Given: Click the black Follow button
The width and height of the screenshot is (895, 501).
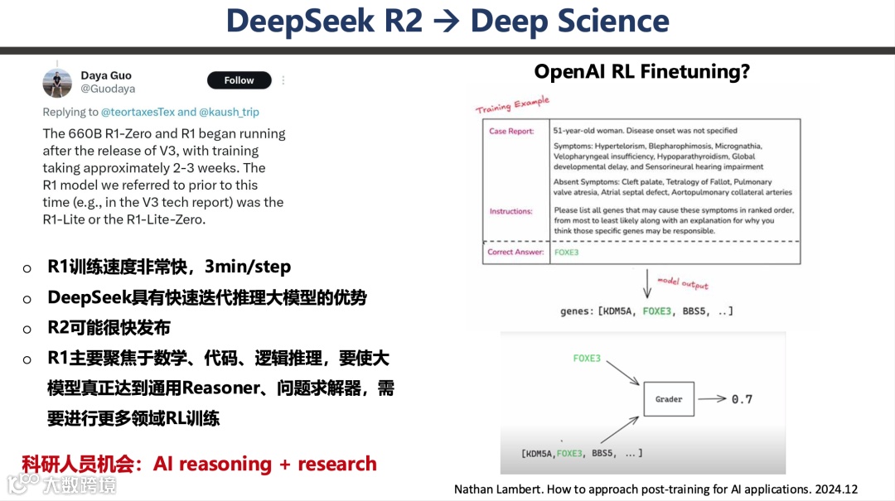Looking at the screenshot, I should coord(239,80).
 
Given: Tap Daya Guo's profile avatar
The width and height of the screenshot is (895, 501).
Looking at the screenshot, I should coord(57,83).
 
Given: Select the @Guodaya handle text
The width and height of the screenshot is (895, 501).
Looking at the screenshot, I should coord(108,89).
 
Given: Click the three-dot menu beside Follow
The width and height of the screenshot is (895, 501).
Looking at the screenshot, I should coord(283,80).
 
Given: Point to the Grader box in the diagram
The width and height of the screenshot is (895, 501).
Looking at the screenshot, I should coord(669,399).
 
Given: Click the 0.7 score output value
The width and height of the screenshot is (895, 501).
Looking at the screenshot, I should coord(742,399).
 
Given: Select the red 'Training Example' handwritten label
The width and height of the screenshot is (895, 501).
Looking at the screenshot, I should coord(512,105).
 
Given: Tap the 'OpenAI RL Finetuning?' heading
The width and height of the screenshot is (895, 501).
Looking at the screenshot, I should coord(641,71).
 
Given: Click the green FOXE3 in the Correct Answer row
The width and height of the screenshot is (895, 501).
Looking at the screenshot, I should coord(567,252).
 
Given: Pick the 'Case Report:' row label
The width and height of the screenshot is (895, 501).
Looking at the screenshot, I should coord(511,131).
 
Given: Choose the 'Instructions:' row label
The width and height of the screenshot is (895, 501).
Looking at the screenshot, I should coord(510,211).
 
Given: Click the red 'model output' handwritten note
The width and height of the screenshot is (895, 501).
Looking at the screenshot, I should coord(683,283).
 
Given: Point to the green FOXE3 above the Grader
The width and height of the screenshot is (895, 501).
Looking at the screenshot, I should coord(587,359).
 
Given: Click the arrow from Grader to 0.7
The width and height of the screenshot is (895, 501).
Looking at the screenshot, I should coord(711,399).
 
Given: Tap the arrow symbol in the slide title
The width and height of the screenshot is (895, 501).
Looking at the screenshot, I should coord(447,22).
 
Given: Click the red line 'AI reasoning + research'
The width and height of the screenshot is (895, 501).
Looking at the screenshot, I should coord(265,464).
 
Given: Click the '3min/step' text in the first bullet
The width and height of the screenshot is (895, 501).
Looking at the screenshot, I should coord(248,267).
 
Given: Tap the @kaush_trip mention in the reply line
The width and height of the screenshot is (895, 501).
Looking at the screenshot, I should coord(230,112).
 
